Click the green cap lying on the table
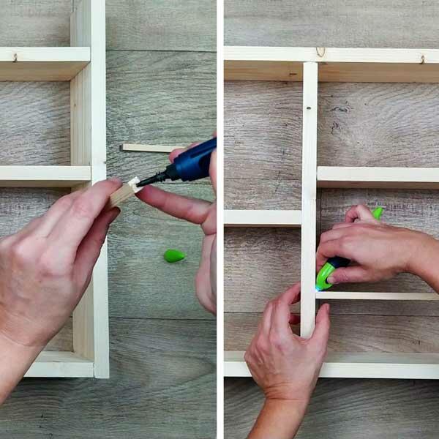(x=174, y=255)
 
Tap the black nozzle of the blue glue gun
(x=152, y=179)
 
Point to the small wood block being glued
(x=125, y=192)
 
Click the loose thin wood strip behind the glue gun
(x=146, y=148)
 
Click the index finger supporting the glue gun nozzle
(x=173, y=204)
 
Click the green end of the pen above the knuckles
(x=377, y=213)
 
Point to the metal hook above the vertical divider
(x=320, y=52)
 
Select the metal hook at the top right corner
(x=422, y=58)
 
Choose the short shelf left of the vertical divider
(x=263, y=217)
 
